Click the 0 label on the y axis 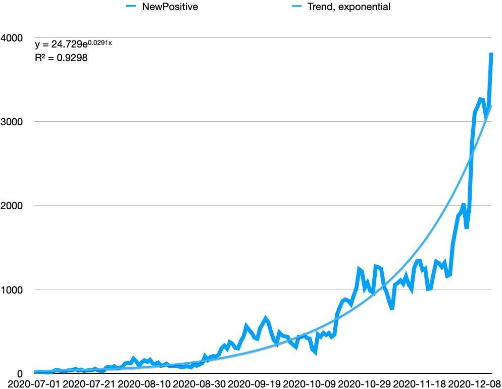click(x=20, y=373)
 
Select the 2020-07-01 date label click(x=30, y=383)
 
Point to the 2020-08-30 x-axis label click(x=200, y=383)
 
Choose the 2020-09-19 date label click(x=255, y=383)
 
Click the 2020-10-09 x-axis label click(x=310, y=383)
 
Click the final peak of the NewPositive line click(x=491, y=54)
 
